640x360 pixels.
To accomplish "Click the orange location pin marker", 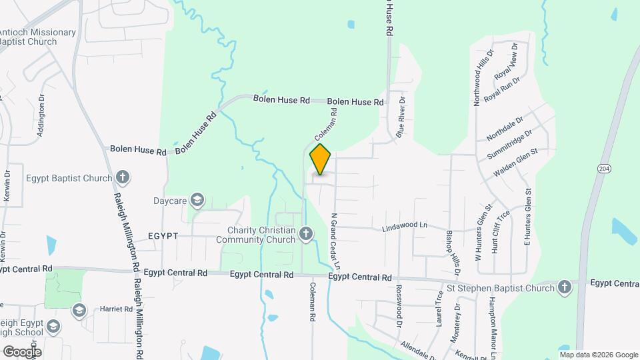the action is pyautogui.click(x=321, y=159).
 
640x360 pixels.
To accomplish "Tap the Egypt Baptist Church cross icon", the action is pyautogui.click(x=122, y=177).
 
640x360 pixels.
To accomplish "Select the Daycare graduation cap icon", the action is pyautogui.click(x=197, y=199).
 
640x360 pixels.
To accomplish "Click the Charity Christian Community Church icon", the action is pyautogui.click(x=305, y=233).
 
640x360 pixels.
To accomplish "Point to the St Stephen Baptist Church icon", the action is pyautogui.click(x=564, y=287).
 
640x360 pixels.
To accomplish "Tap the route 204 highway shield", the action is pyautogui.click(x=603, y=169).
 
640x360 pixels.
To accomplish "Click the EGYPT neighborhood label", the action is pyautogui.click(x=163, y=236).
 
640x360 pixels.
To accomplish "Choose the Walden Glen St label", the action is pyautogui.click(x=515, y=164).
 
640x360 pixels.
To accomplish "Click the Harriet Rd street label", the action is pyautogui.click(x=117, y=309).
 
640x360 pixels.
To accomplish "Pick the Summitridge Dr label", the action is pyautogui.click(x=509, y=143).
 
